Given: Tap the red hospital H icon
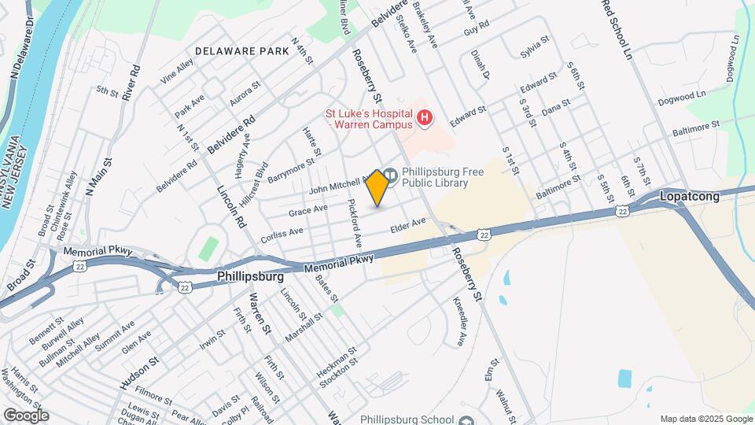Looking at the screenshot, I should tap(425, 119).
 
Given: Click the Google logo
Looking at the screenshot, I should tap(26, 415).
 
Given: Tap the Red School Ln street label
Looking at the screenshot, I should tap(617, 29).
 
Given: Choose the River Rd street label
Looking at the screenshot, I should tap(135, 80).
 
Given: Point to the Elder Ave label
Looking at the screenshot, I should tap(407, 226).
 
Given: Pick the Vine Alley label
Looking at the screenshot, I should tap(176, 72).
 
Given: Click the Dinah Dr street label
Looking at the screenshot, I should tap(480, 65).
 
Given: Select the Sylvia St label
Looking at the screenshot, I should tap(534, 49).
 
